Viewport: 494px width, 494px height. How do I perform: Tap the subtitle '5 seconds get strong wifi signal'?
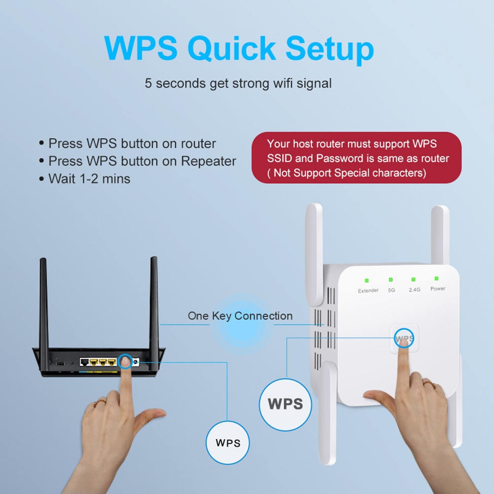(x=238, y=83)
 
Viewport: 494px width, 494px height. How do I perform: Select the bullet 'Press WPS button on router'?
(x=132, y=144)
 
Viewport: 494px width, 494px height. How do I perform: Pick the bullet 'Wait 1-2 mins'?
(x=89, y=178)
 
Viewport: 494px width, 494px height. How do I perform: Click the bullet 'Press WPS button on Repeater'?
(x=142, y=161)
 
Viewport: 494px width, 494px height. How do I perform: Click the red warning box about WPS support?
(x=356, y=158)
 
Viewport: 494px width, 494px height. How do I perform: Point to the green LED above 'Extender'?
(x=367, y=280)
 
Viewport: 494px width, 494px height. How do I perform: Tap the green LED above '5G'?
(x=391, y=280)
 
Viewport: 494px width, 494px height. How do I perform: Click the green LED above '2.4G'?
(x=414, y=279)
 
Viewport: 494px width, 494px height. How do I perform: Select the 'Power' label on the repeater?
(x=438, y=289)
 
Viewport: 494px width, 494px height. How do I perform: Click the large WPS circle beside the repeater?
(x=285, y=404)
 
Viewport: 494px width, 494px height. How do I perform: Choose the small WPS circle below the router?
(x=228, y=442)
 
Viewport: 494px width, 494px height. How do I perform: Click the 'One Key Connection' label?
(x=240, y=316)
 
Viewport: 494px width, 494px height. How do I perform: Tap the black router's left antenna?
(x=44, y=301)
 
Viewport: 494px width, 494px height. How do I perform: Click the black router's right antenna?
(x=154, y=301)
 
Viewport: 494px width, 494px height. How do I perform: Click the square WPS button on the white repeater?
(x=404, y=339)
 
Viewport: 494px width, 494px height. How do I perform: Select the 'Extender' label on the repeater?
(x=368, y=291)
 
